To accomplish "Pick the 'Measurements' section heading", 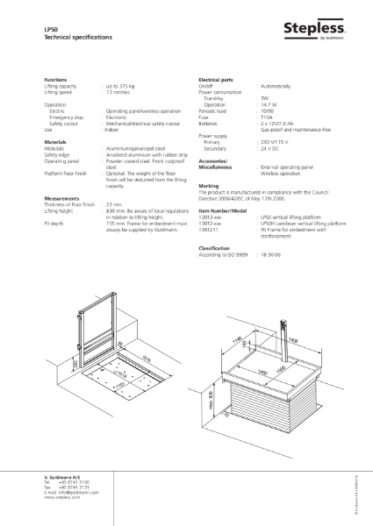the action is [63, 198].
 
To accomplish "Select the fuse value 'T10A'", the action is [265, 118].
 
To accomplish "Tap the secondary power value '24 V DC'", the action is [269, 148].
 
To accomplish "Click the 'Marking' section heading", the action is [209, 186].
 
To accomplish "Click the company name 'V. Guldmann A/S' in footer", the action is [64, 474].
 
